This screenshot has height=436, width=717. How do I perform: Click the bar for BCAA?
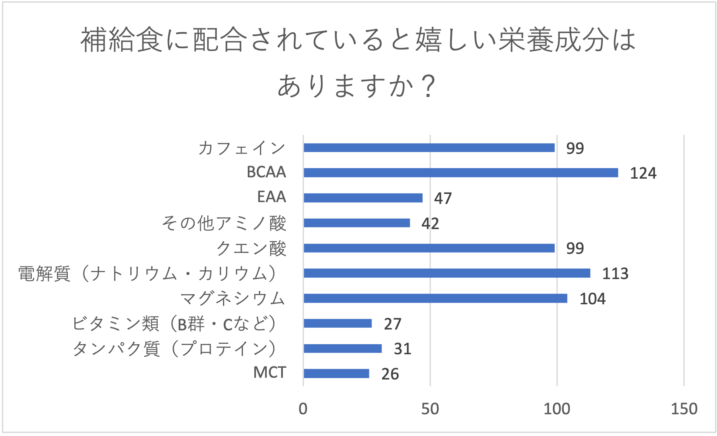461,173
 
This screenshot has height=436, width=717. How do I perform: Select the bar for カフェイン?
429,148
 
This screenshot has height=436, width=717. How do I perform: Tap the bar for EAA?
363,198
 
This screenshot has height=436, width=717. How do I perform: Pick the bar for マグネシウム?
435,298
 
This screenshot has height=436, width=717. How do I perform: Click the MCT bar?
336,373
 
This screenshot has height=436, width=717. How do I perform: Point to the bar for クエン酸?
429,248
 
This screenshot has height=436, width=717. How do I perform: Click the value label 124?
643,173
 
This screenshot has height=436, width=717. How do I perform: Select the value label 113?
615,274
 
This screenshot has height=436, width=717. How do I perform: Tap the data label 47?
443,199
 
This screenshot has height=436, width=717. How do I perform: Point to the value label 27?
392,324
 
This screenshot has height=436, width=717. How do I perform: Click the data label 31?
402,349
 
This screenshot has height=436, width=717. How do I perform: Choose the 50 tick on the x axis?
430,409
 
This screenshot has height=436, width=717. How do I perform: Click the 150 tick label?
684,409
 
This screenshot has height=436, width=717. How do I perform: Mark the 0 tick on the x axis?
303,409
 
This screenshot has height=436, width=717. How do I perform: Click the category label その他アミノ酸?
224,223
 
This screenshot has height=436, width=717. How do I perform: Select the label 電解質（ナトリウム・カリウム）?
148,274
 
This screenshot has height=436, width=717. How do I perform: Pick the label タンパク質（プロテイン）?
174,349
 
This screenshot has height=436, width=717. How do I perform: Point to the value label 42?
430,224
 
